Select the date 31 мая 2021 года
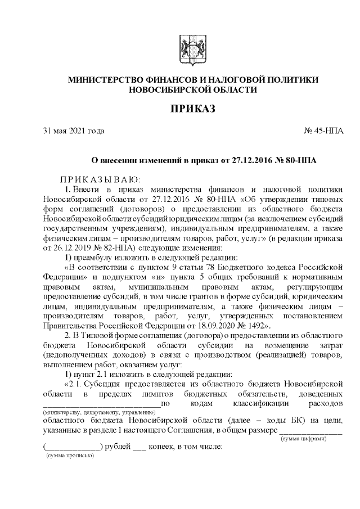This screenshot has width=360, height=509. (74, 131)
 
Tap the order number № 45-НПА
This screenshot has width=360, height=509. (323, 131)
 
